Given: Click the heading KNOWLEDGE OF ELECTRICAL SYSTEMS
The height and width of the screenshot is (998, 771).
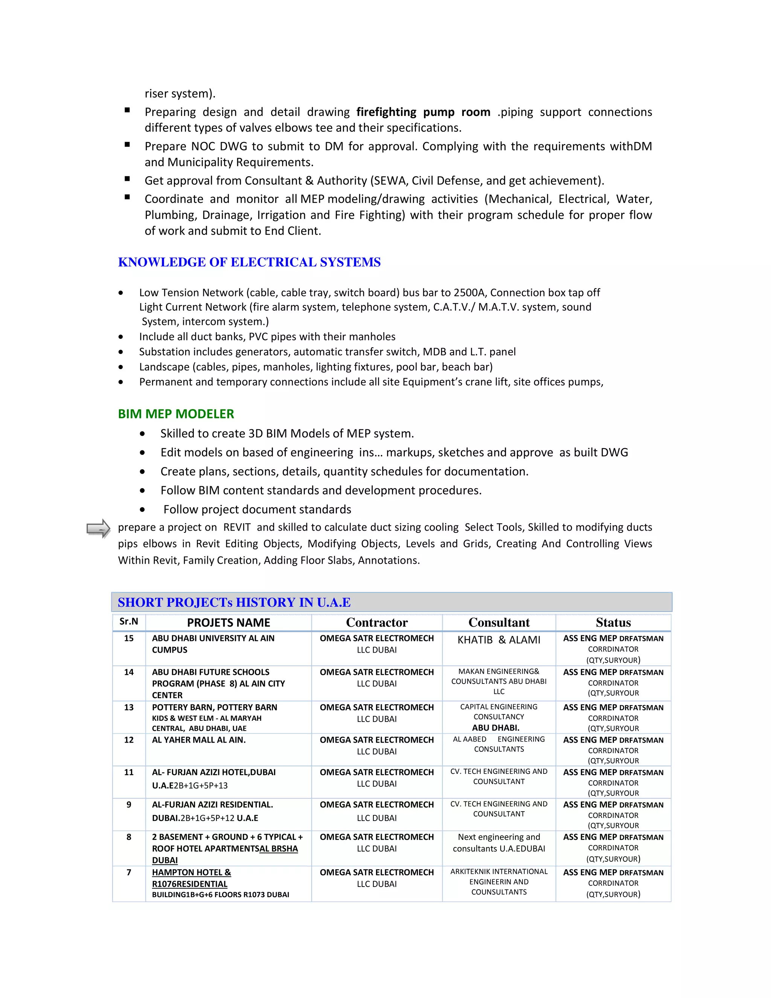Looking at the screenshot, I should click(249, 262).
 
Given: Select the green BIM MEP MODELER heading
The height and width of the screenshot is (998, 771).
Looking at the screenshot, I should click(176, 414).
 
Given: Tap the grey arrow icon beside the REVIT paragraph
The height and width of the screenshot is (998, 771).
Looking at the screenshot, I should click(98, 529).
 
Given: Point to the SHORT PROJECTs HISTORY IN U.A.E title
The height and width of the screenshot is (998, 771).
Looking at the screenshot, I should click(234, 602).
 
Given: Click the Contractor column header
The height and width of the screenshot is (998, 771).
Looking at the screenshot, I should click(376, 623).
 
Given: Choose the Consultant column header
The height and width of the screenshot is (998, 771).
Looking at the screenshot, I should click(499, 623).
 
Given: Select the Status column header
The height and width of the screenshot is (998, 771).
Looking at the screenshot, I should click(613, 623).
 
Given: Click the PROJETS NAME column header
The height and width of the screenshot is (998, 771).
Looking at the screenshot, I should click(229, 623).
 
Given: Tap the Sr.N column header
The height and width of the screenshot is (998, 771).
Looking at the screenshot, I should click(128, 621).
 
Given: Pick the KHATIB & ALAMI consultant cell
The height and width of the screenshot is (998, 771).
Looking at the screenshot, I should click(499, 640).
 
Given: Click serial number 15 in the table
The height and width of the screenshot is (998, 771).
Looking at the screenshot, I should click(129, 638).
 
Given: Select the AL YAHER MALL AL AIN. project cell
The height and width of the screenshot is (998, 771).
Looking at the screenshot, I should click(199, 740).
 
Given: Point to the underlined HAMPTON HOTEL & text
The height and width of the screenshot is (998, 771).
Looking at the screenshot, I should click(191, 872).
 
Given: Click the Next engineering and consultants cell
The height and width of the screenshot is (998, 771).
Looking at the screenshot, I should click(499, 842).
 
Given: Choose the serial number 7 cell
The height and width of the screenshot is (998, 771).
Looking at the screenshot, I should click(129, 872).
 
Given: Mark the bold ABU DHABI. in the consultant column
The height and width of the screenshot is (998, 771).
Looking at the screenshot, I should click(495, 728).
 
